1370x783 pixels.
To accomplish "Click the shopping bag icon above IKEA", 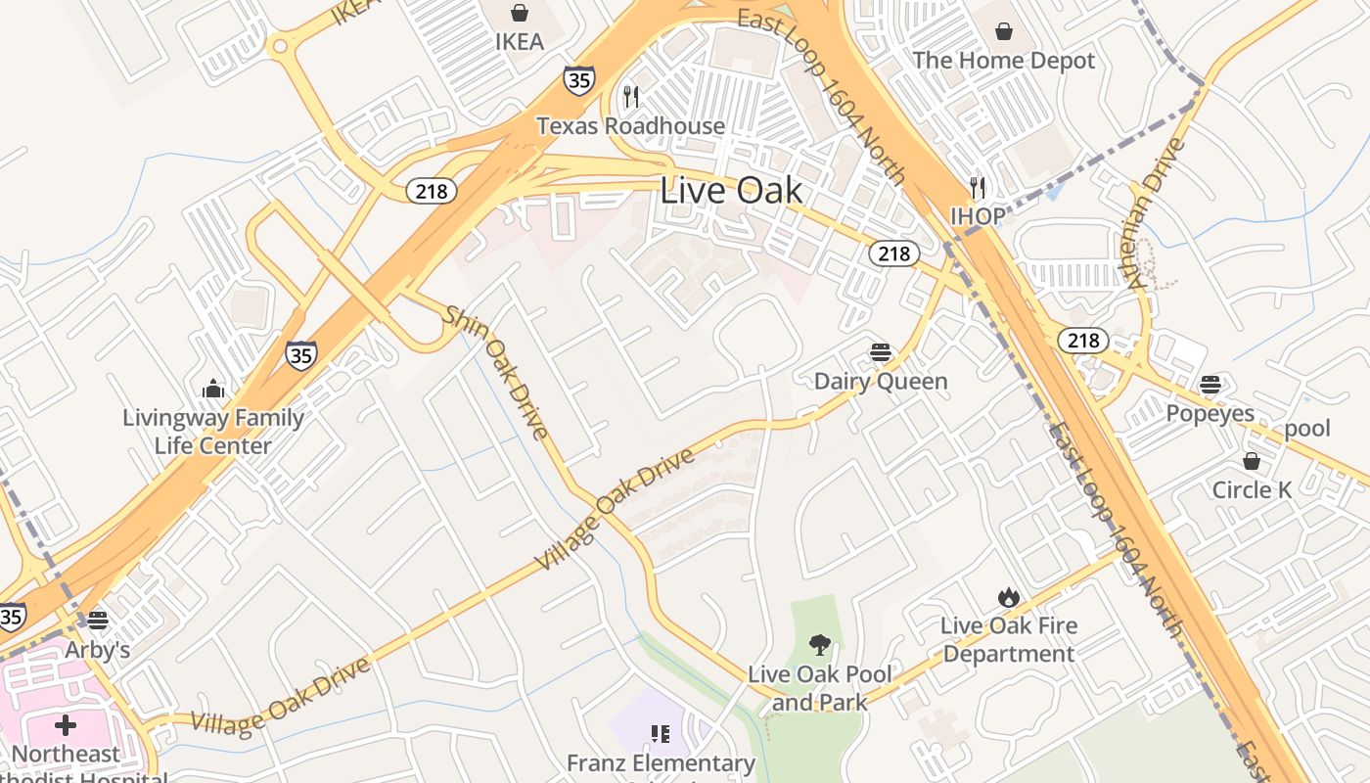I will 519,13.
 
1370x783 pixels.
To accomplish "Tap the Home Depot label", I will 1003,61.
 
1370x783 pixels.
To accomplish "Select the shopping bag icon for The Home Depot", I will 1003,31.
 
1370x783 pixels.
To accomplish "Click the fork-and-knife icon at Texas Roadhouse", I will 631,96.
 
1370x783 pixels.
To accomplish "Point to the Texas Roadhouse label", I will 631,126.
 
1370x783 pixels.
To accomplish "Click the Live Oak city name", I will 731,190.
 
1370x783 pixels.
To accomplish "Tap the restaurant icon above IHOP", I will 977,187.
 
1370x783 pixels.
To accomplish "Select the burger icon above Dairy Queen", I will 881,352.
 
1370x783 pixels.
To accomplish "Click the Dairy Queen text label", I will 881,382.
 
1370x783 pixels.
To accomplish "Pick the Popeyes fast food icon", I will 1210,384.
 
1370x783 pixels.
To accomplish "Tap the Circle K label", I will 1252,490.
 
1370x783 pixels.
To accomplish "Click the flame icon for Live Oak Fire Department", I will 1008,597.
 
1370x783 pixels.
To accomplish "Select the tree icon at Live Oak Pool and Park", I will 820,644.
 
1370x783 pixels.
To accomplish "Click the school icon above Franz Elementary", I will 661,733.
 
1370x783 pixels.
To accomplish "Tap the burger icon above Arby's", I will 97,621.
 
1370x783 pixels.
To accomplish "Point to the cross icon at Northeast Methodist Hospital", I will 66,725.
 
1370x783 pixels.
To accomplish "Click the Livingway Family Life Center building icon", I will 213,389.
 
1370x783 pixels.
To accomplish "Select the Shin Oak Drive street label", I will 496,373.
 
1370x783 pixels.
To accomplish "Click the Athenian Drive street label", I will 1157,213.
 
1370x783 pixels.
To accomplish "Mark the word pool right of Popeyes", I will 1307,429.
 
